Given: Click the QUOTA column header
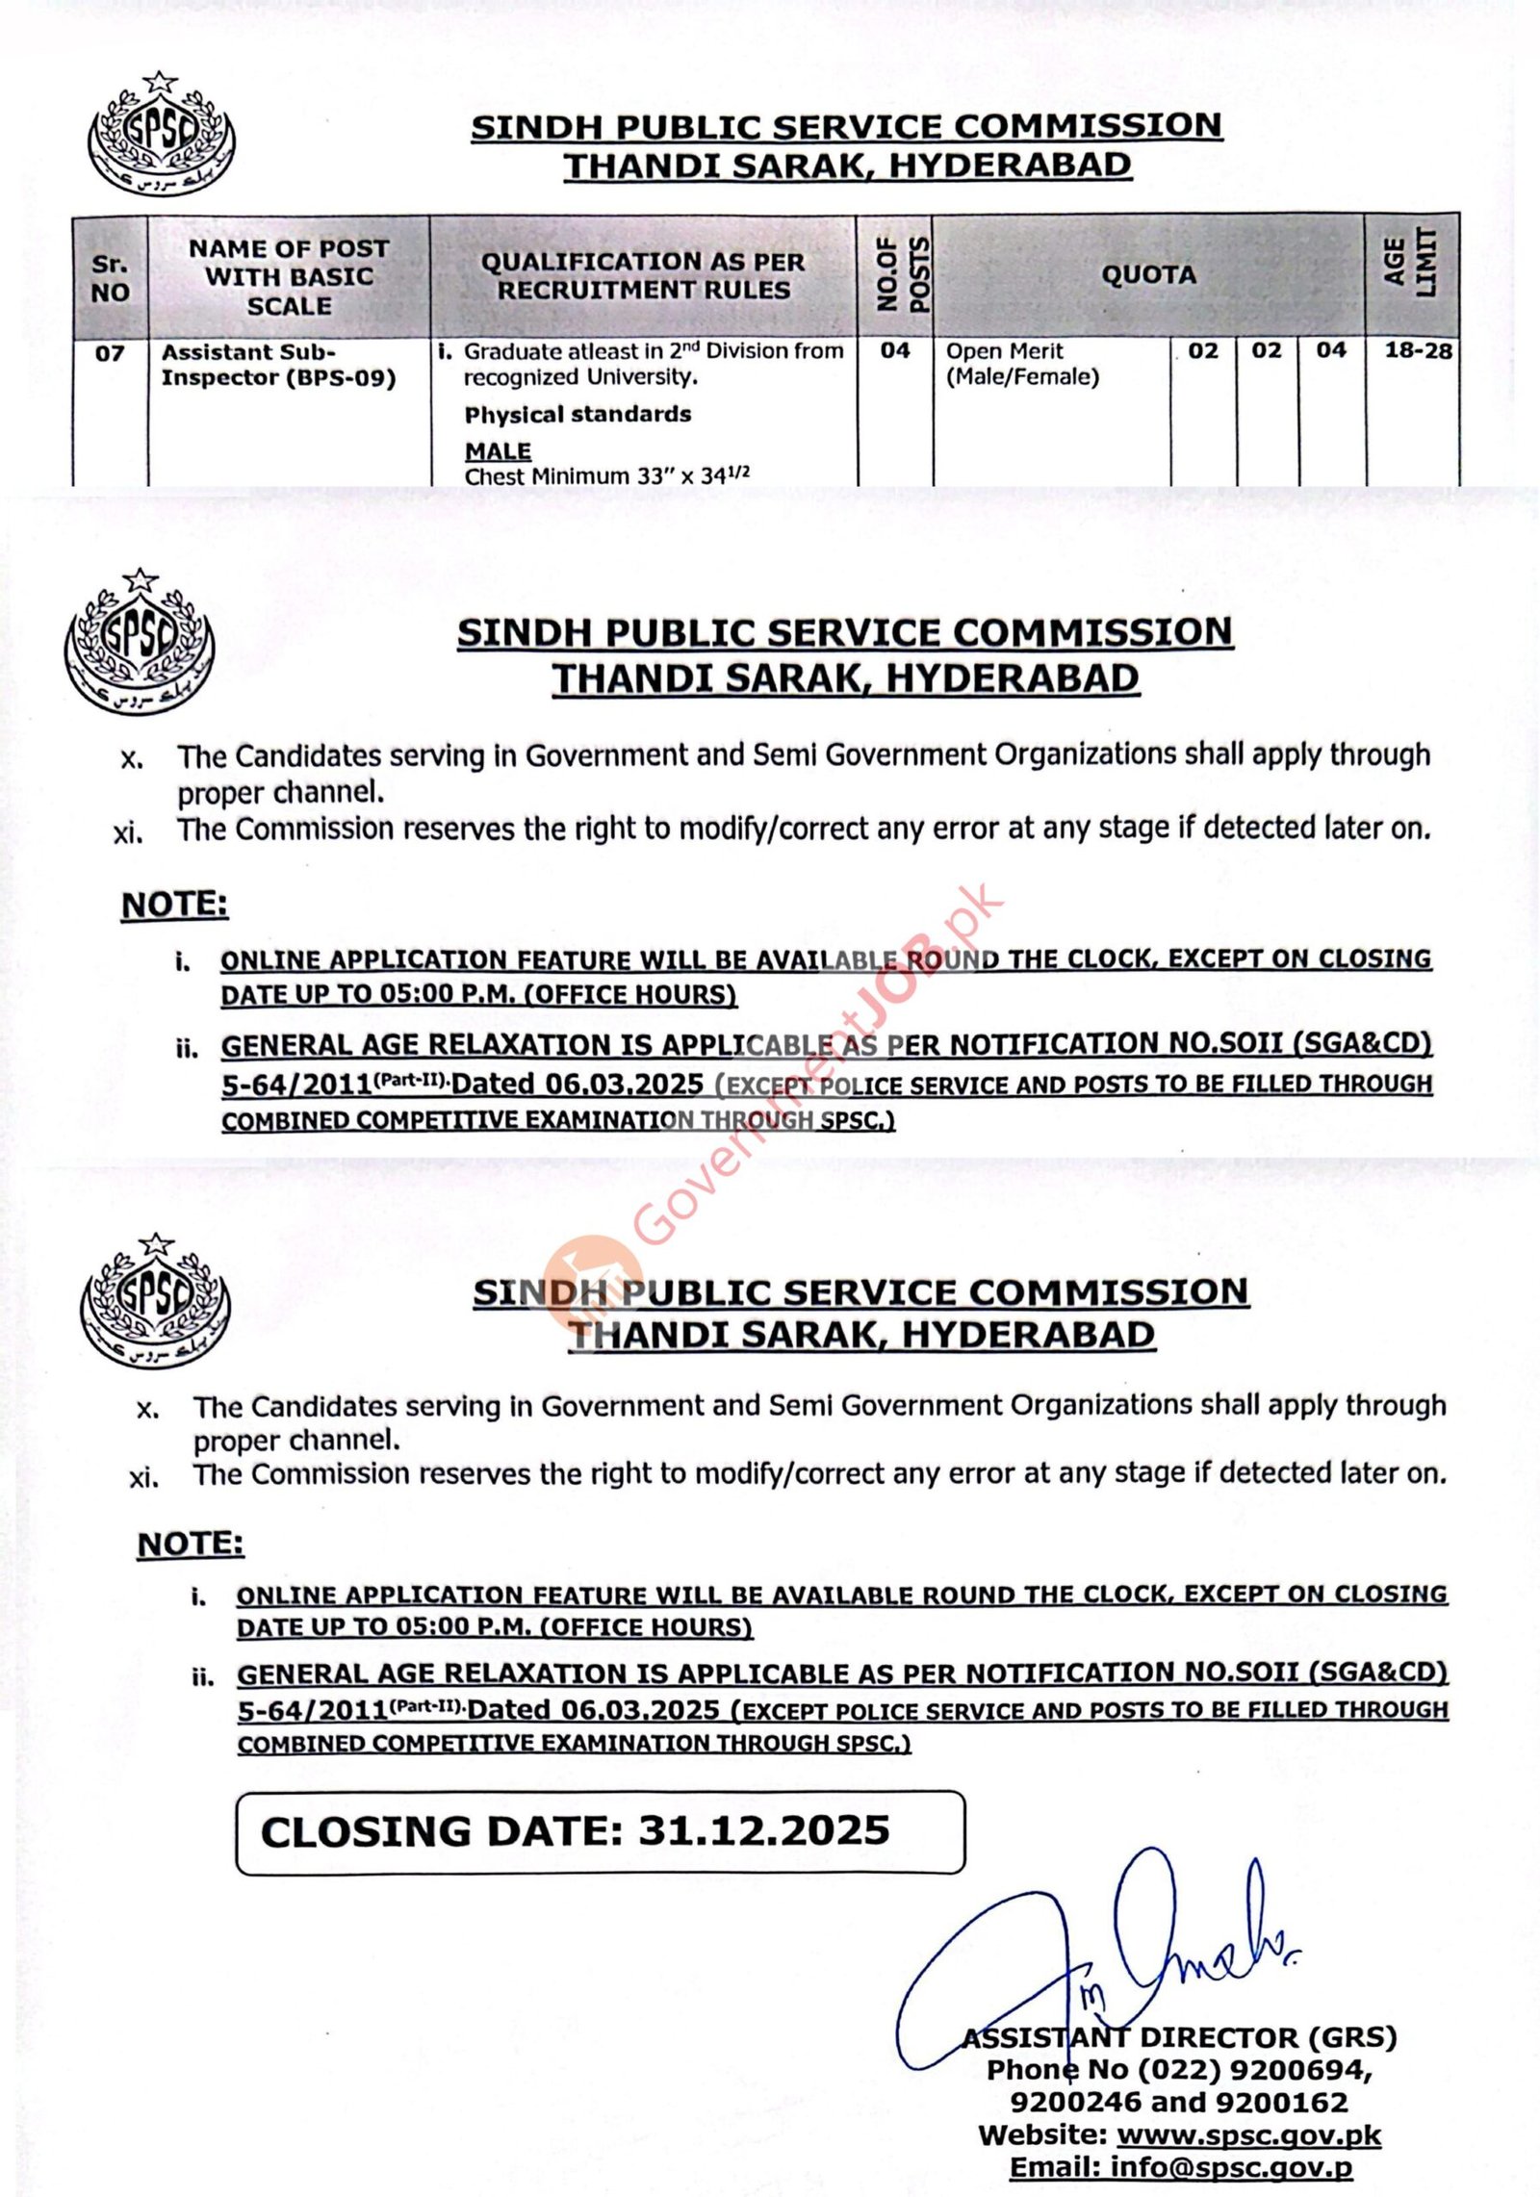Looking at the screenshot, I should pos(1148,275).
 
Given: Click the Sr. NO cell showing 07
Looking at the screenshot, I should pos(110,353).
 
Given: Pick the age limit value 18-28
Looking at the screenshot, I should pos(1418,351).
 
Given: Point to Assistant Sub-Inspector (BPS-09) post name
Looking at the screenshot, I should pos(278,365).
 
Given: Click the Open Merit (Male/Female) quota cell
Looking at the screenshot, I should pos(1022,364).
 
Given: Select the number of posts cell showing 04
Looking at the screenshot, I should pos(894,351).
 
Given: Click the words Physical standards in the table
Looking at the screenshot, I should pos(577,415).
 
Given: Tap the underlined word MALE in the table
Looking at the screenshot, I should pos(498,450).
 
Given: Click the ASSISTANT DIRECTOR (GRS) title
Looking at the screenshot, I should pos(1179,2037).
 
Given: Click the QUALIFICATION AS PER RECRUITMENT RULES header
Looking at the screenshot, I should pos(643,275).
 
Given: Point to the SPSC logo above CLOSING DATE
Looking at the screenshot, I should pos(155,1298).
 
